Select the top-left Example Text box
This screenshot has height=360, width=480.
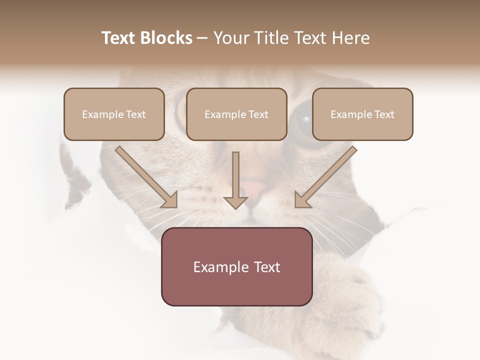114,114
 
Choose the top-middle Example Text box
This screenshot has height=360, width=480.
236,114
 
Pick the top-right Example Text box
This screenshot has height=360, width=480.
362,114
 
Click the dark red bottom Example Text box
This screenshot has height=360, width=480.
236,266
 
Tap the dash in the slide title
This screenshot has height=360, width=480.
202,38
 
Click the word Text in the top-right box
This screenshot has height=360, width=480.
384,114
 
